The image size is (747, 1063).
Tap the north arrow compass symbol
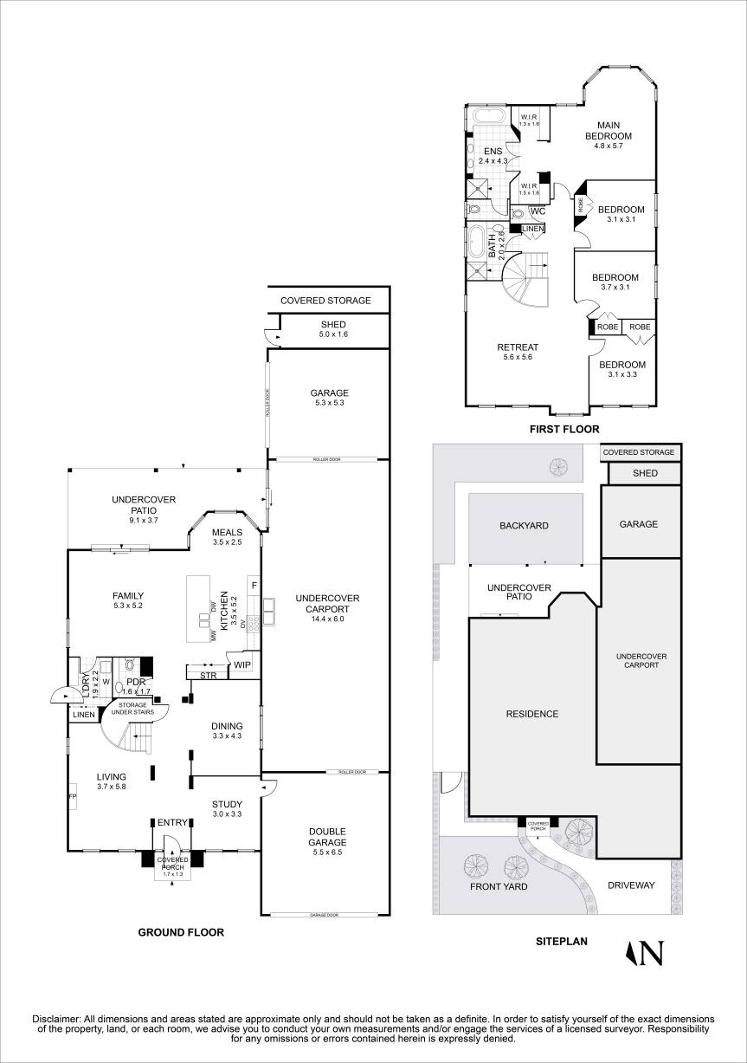pyautogui.click(x=645, y=953)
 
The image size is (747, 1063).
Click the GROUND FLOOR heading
pyautogui.click(x=181, y=933)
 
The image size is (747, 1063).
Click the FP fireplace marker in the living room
pyautogui.click(x=73, y=794)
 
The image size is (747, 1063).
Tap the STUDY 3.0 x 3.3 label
pyautogui.click(x=227, y=808)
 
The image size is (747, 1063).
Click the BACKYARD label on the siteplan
pyautogui.click(x=523, y=526)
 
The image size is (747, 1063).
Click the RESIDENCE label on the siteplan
pyautogui.click(x=531, y=714)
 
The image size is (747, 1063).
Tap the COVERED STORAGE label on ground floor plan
pyautogui.click(x=325, y=301)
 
